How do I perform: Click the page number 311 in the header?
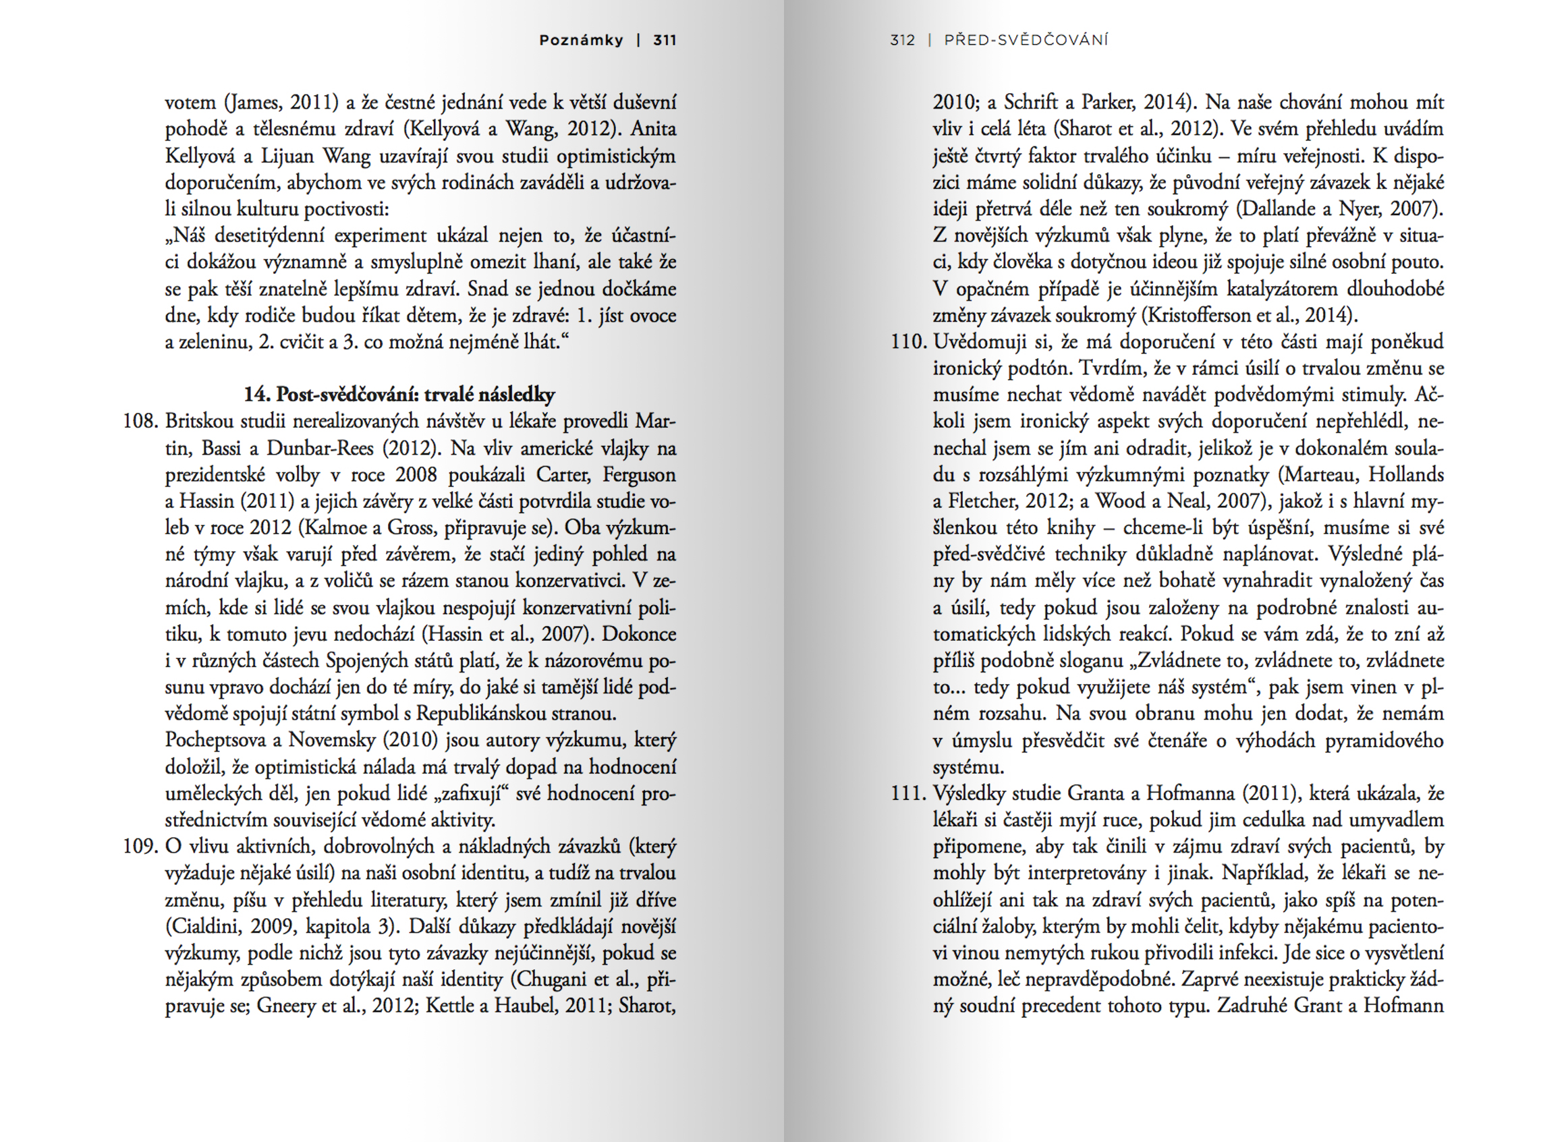(x=665, y=40)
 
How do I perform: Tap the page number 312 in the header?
(x=902, y=40)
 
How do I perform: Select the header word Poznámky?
(x=581, y=40)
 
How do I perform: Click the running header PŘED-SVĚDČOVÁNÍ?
(x=1026, y=40)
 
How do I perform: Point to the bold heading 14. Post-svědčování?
(x=399, y=395)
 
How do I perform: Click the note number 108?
(x=140, y=421)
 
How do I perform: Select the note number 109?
(x=140, y=846)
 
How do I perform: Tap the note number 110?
(x=908, y=341)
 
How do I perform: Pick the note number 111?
(x=908, y=793)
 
